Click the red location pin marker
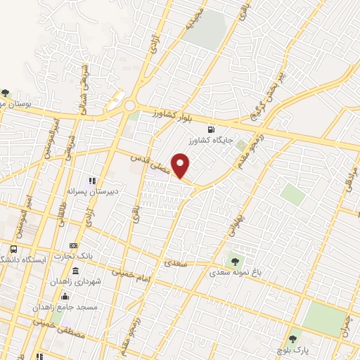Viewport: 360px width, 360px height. point(181,165)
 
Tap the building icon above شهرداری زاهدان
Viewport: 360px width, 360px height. point(75,271)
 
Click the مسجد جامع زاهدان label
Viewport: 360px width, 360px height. point(67,307)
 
